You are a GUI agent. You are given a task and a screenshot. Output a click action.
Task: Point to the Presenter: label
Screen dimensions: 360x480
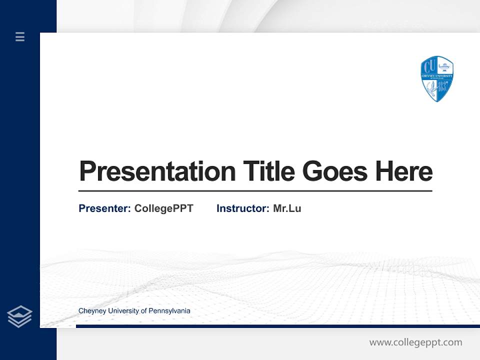[x=104, y=208]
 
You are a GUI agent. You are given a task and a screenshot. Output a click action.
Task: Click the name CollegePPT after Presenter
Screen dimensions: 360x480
[x=163, y=208]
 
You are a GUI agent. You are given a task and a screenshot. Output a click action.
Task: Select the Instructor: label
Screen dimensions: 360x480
[x=242, y=208]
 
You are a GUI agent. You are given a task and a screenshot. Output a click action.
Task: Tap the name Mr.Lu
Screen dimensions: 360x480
[x=287, y=208]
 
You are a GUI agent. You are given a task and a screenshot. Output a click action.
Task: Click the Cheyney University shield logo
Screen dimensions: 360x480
[x=437, y=78]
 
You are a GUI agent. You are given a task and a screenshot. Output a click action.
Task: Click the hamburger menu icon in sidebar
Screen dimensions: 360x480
[x=20, y=36]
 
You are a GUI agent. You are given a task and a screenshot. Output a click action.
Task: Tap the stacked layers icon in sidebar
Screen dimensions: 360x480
[x=19, y=316]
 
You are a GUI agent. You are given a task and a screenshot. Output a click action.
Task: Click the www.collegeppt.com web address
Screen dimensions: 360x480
[x=415, y=342]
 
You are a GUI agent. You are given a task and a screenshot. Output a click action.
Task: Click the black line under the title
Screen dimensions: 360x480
[x=255, y=190]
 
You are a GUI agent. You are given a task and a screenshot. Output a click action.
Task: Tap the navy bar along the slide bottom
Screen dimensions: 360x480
[x=275, y=326]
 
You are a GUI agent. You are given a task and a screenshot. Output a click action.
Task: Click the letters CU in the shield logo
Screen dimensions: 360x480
[x=429, y=66]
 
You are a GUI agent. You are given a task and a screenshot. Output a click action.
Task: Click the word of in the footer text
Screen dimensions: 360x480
[x=144, y=311]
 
